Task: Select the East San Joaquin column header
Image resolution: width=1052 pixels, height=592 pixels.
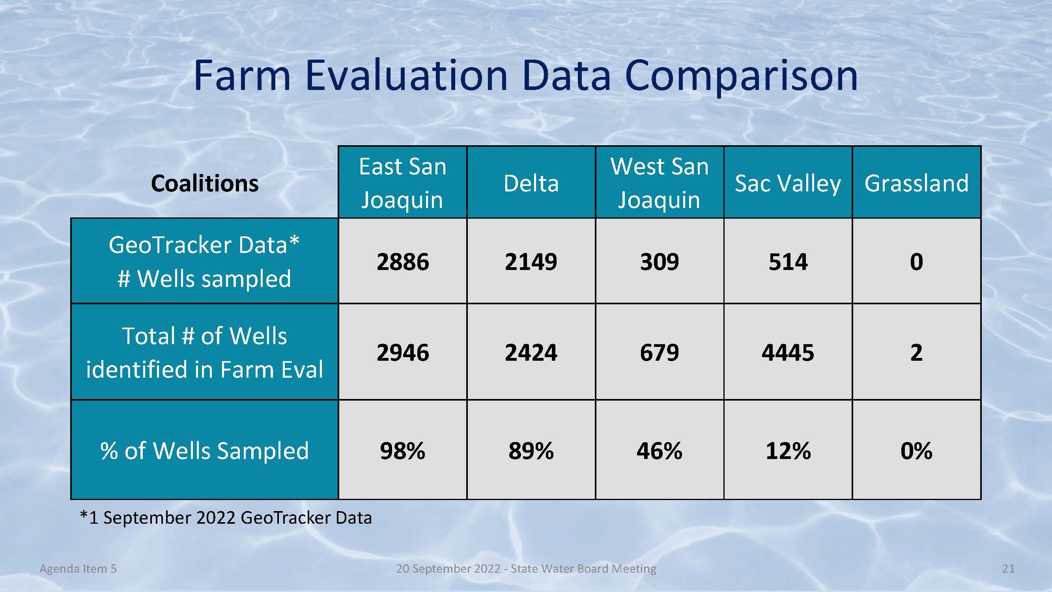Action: click(x=403, y=182)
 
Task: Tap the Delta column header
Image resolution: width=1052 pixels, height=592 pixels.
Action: click(x=531, y=182)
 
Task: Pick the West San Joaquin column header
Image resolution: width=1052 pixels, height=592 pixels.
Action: click(x=660, y=182)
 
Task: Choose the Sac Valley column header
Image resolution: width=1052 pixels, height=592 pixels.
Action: click(x=788, y=182)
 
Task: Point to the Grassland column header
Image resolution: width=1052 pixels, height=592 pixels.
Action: click(x=917, y=182)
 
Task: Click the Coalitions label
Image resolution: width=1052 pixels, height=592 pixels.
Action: click(x=205, y=183)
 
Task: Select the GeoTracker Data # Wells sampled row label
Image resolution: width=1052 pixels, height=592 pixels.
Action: click(x=205, y=261)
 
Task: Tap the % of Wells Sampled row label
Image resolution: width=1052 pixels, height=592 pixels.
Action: click(x=205, y=450)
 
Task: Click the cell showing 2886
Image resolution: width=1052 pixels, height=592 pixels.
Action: click(x=403, y=261)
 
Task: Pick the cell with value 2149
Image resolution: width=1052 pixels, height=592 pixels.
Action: click(x=531, y=261)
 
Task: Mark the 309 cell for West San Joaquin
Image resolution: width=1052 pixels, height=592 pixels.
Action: click(x=660, y=261)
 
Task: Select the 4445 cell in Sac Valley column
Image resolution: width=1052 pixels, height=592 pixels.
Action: click(x=788, y=352)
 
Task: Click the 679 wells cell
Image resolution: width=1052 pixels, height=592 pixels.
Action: click(x=660, y=352)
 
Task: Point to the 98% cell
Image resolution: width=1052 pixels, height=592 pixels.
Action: click(x=403, y=450)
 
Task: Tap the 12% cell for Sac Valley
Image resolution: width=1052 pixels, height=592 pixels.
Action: click(x=788, y=450)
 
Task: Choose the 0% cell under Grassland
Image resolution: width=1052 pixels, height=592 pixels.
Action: click(x=917, y=450)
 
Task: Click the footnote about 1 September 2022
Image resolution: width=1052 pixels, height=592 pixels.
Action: click(x=226, y=518)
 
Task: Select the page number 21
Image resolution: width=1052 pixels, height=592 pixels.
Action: click(x=1008, y=568)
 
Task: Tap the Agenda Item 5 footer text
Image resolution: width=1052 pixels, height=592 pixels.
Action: click(x=78, y=569)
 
